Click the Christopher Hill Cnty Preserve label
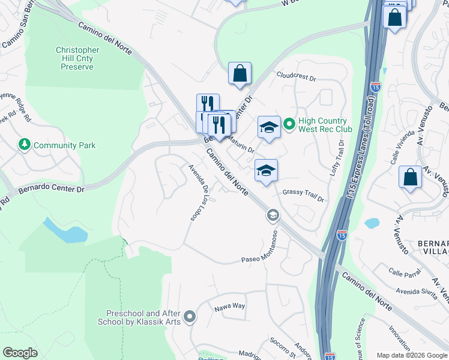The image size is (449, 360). tap(77, 59)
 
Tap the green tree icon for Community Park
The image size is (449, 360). tap(24, 145)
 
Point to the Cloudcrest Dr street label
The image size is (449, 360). tap(296, 76)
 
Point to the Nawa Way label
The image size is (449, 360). tap(231, 306)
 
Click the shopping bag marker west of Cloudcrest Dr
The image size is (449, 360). tap(240, 74)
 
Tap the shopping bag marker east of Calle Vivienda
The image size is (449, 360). tap(410, 178)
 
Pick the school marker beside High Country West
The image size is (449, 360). tap(269, 127)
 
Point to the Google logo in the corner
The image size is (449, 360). tap(20, 353)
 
